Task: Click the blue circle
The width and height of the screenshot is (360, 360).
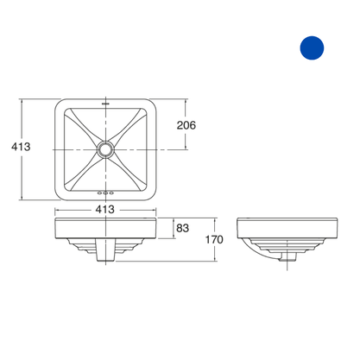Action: click(312, 47)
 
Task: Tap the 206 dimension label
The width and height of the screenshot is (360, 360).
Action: click(186, 125)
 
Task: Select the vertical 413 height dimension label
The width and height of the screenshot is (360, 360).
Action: click(21, 147)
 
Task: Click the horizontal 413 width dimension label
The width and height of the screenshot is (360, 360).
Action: click(105, 209)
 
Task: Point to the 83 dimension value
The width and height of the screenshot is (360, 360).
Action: click(183, 228)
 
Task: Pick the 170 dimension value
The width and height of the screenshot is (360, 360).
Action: click(214, 239)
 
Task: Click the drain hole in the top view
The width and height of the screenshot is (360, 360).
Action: click(106, 149)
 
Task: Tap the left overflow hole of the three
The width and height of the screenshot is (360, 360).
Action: click(100, 193)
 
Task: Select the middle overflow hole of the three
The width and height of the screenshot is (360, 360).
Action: click(105, 193)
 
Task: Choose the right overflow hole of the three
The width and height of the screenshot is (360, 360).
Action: click(111, 193)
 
